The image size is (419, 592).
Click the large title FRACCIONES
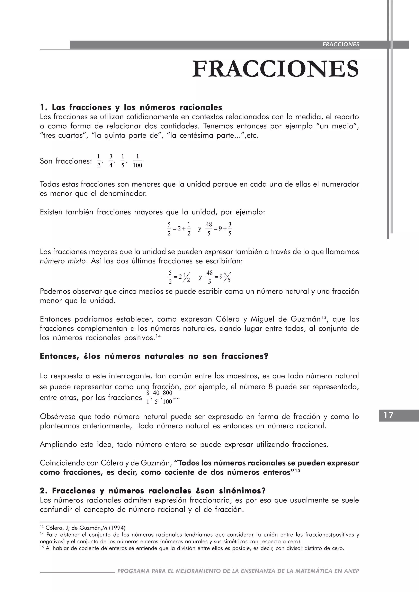pos(275,69)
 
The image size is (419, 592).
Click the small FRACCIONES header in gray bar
pos(341,44)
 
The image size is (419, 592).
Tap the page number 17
pos(389,415)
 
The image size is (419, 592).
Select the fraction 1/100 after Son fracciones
pos(137,161)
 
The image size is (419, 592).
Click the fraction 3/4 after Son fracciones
pos(111,161)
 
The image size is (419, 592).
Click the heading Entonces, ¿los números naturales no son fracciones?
pos(154,356)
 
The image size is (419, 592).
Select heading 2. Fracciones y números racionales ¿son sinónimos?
pos(153,491)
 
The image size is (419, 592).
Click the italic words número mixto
pos(63,261)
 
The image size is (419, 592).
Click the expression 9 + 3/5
pos(225,229)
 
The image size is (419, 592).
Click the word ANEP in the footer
pos(351,571)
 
